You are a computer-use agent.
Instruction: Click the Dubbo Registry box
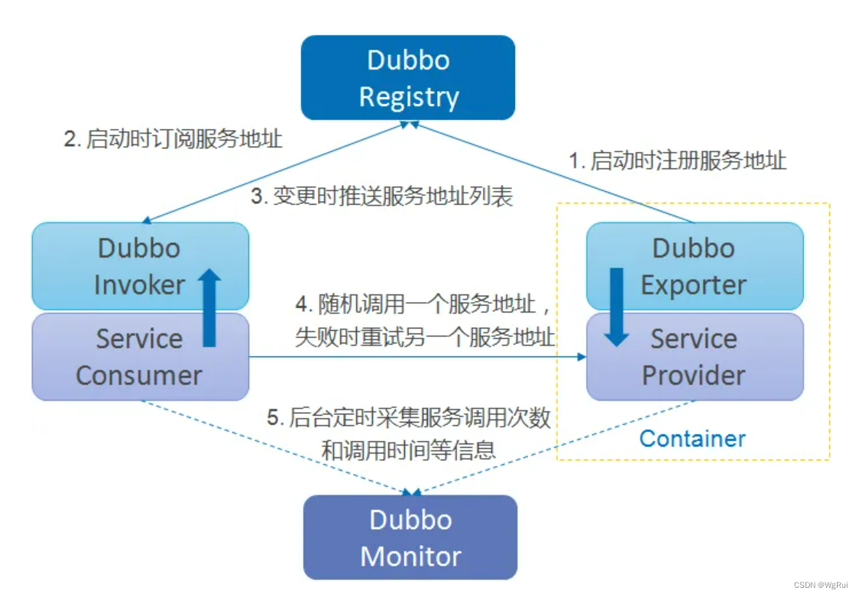click(408, 78)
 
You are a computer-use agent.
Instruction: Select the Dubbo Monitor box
click(410, 537)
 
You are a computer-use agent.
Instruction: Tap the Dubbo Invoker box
click(140, 266)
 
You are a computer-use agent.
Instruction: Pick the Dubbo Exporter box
click(694, 266)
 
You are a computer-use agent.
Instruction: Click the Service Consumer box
click(140, 357)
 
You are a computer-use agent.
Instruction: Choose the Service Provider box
click(694, 357)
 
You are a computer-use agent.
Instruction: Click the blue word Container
click(692, 439)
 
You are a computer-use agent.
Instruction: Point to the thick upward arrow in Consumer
click(210, 308)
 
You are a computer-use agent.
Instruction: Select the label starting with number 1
click(677, 161)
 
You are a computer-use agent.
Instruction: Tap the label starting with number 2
click(173, 139)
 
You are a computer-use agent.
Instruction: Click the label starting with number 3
click(382, 196)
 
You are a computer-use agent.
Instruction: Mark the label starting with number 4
click(424, 321)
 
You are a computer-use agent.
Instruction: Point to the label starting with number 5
click(408, 433)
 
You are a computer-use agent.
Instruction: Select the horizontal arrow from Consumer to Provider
click(417, 357)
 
